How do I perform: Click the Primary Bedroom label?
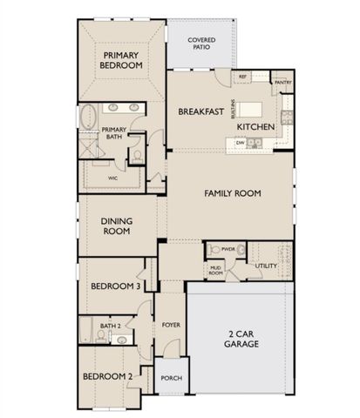coord(121,59)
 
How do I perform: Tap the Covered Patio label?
coord(202,44)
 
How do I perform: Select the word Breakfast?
coord(197,112)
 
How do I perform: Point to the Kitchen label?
coord(256,127)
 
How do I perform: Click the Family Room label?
coord(233,192)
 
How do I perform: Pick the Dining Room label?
coord(116,226)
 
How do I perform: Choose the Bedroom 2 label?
coord(107,376)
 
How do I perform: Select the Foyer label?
coord(172,326)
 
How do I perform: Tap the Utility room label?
coord(266,264)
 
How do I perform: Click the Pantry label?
coord(282,83)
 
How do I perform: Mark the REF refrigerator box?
coord(243,77)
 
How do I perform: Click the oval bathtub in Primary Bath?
coord(89,116)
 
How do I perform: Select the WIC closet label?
coord(112,177)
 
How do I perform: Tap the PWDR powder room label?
coord(228,249)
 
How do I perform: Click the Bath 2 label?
coord(110,326)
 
